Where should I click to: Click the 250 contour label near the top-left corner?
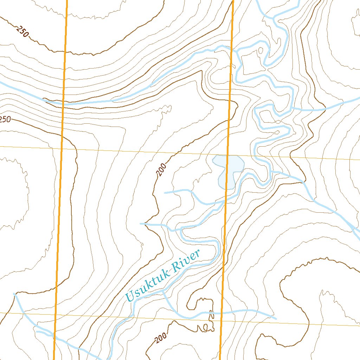22,32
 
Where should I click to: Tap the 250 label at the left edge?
5,120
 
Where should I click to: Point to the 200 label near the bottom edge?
160,339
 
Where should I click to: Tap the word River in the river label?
189,259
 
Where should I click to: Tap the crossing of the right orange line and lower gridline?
221,321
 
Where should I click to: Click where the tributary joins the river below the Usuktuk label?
163,291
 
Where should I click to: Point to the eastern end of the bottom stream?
276,319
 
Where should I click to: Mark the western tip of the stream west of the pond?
165,193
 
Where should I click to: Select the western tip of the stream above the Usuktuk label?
141,223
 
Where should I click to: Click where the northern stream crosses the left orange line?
63,104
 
